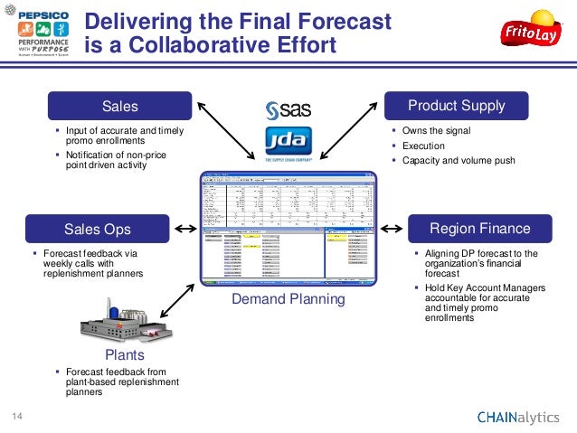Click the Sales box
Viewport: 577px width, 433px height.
(x=120, y=107)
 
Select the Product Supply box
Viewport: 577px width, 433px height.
(x=457, y=107)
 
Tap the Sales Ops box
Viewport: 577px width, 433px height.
(x=98, y=228)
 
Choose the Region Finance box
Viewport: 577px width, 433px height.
(x=479, y=228)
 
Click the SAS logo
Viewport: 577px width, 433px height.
(x=288, y=109)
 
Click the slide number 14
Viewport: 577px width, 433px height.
(x=16, y=416)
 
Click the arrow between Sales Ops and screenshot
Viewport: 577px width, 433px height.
(x=184, y=229)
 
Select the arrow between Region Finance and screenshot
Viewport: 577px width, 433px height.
(x=393, y=229)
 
